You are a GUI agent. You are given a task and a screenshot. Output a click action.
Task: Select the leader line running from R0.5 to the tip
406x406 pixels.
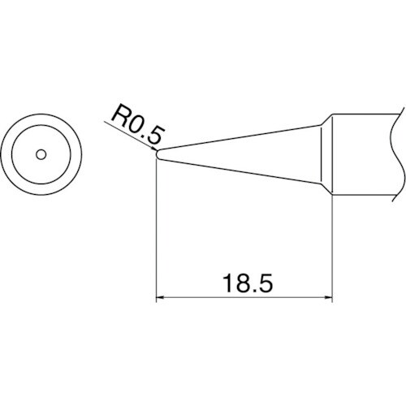click(130, 136)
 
